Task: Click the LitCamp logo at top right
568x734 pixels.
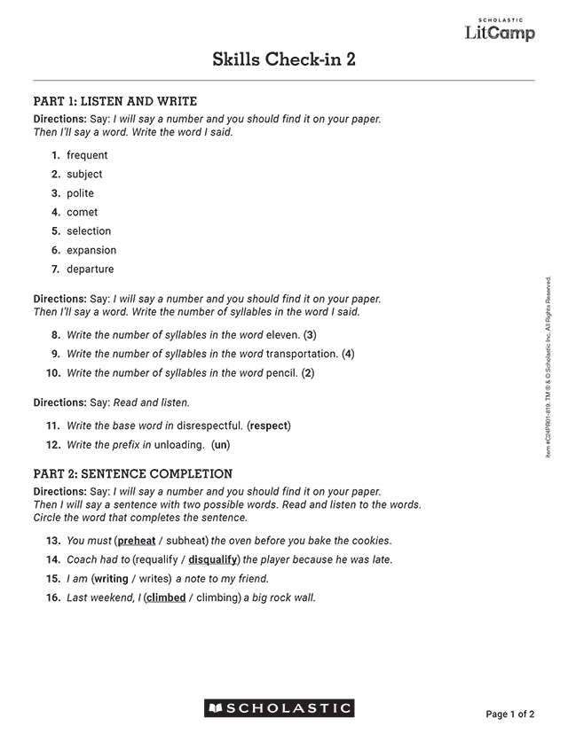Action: tap(501, 30)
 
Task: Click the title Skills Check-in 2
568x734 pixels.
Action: tap(284, 59)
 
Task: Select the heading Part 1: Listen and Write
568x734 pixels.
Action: tap(115, 101)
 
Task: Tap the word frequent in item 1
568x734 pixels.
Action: tap(87, 155)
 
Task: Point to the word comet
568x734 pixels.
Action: tap(83, 212)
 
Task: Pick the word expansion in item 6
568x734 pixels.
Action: tap(91, 250)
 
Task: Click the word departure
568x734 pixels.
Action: tap(91, 269)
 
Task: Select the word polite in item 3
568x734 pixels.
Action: tap(80, 193)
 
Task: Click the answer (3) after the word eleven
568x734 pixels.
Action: tap(310, 335)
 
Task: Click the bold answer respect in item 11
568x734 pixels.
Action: tap(269, 426)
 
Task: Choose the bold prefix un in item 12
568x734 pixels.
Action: tap(220, 445)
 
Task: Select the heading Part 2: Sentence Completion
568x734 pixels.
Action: tap(133, 473)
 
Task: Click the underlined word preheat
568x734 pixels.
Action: tap(137, 541)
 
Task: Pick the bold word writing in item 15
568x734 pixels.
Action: tap(111, 579)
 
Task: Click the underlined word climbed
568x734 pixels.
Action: tap(165, 597)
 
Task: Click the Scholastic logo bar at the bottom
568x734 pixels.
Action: tap(280, 707)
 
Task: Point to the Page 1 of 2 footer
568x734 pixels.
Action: tap(510, 714)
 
